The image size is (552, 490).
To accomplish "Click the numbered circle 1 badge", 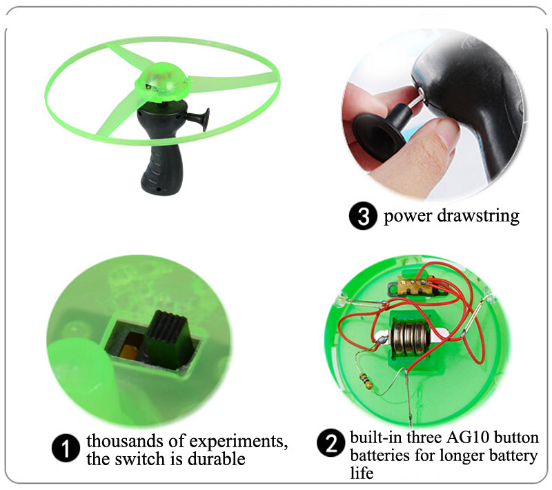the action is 66,448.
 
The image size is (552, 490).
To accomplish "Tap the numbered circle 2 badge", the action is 331,443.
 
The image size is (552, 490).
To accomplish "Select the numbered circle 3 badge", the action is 363,216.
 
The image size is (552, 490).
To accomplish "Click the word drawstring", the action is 478,215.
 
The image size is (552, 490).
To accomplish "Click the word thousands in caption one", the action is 125,441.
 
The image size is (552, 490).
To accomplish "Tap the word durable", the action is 217,459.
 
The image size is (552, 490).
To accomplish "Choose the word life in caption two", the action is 362,473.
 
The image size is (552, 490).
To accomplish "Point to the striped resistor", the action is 366,382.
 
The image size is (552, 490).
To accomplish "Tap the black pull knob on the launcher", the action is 199,117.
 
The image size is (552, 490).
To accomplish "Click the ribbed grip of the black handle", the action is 161,170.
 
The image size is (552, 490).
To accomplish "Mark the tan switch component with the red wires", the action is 415,285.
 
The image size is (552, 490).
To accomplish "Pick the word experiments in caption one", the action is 239,442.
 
